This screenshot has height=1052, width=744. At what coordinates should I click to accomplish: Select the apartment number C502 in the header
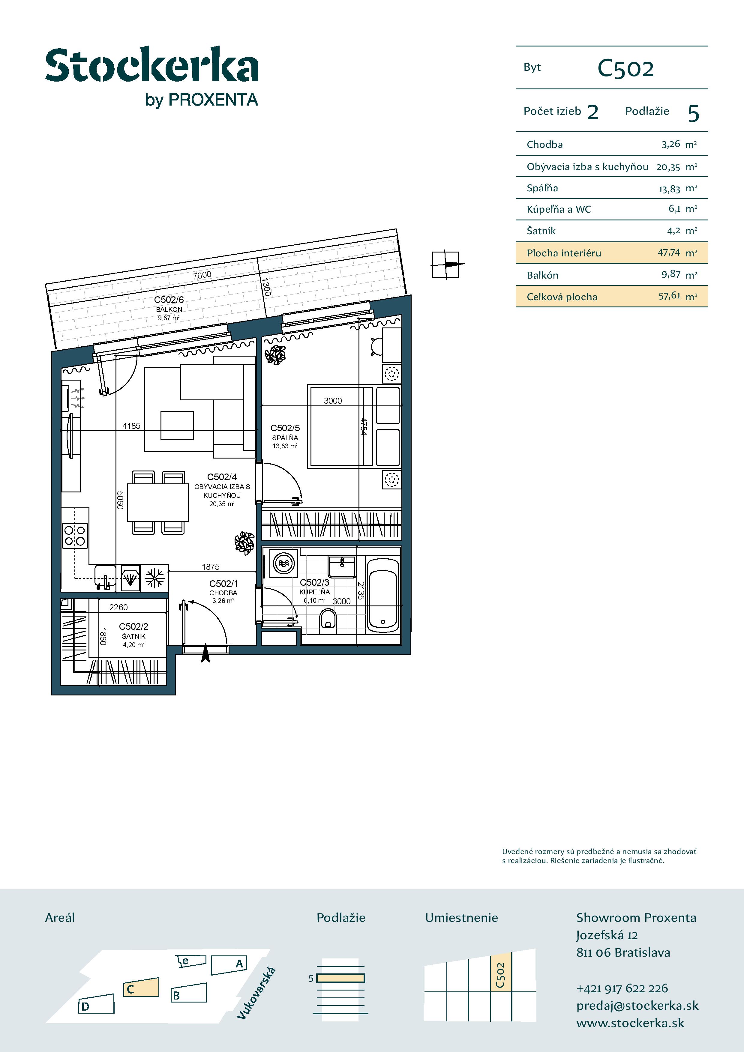tap(625, 69)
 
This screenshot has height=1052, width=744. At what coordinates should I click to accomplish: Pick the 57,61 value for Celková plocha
tap(669, 296)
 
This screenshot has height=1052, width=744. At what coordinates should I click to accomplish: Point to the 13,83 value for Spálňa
tap(669, 189)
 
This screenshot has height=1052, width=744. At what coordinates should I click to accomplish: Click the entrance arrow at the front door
tap(206, 653)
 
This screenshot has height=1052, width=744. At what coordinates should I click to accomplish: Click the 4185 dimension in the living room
tap(131, 426)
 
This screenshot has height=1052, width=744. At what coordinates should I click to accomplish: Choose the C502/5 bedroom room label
tap(285, 428)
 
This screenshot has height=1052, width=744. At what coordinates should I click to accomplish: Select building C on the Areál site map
tap(141, 988)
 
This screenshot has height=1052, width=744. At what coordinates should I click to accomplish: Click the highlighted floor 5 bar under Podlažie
tap(340, 978)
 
